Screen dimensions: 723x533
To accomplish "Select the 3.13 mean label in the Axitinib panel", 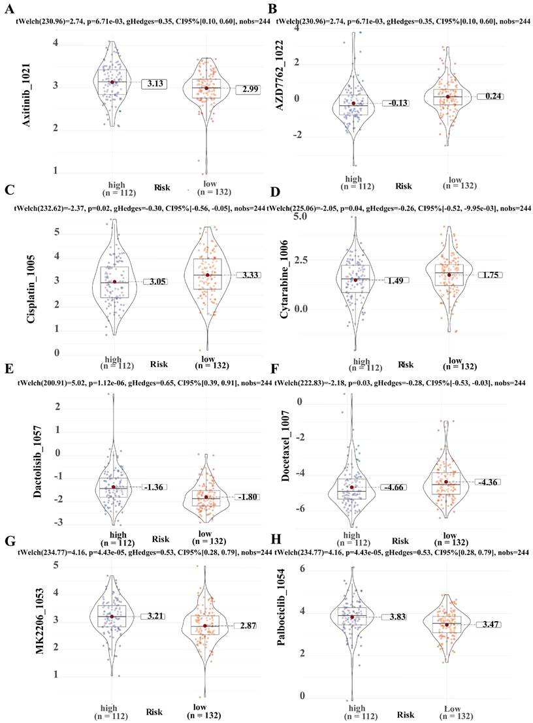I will click(155, 84).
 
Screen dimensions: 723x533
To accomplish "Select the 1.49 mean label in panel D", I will click(393, 280).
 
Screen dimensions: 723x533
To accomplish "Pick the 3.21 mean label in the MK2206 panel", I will click(155, 616).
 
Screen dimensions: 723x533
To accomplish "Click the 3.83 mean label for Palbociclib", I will click(393, 617).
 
